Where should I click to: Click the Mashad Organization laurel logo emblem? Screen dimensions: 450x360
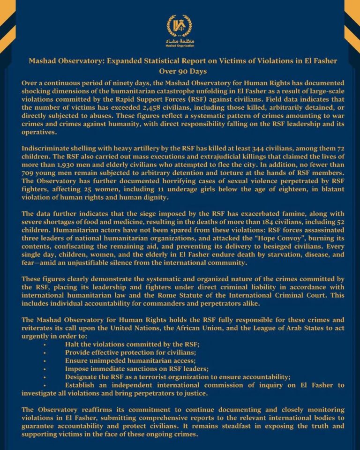(x=180, y=28)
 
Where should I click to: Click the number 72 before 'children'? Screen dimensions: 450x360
(x=332, y=148)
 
